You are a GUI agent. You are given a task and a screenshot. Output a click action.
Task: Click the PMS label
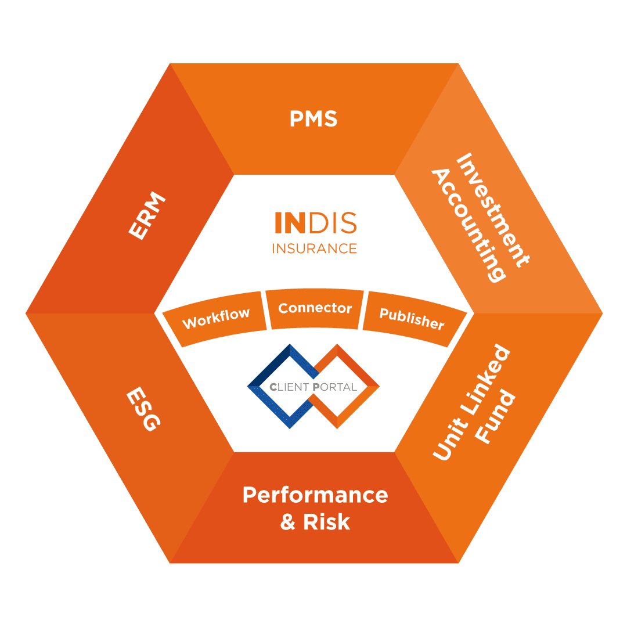(313, 119)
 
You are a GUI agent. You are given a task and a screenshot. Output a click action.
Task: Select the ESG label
(142, 410)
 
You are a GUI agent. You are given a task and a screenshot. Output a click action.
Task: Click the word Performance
(315, 495)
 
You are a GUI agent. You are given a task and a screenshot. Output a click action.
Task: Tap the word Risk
(327, 522)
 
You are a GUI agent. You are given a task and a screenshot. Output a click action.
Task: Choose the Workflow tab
(216, 318)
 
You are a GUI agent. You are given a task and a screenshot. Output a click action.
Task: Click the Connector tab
(315, 308)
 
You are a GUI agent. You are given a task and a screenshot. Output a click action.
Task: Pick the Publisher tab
(412, 318)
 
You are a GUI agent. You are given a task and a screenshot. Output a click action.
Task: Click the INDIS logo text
(315, 224)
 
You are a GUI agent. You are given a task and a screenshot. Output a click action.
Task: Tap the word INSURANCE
(315, 248)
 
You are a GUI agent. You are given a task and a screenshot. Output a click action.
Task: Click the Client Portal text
(313, 387)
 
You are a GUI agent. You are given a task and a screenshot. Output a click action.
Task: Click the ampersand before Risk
(288, 522)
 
